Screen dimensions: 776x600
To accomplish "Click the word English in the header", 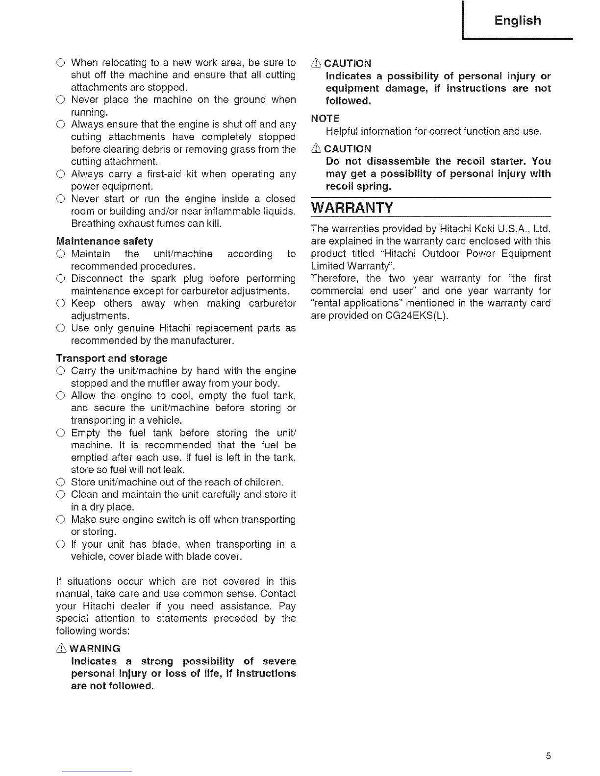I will click(x=518, y=21).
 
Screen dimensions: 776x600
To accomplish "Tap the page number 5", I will click(x=549, y=756).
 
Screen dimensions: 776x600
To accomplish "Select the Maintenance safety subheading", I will click(x=105, y=241).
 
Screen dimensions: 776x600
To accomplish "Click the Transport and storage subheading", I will click(x=112, y=358).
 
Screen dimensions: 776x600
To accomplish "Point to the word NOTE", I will click(x=325, y=118).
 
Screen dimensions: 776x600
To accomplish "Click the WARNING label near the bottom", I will click(x=95, y=649).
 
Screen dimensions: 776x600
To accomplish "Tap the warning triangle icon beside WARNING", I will click(x=63, y=649).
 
